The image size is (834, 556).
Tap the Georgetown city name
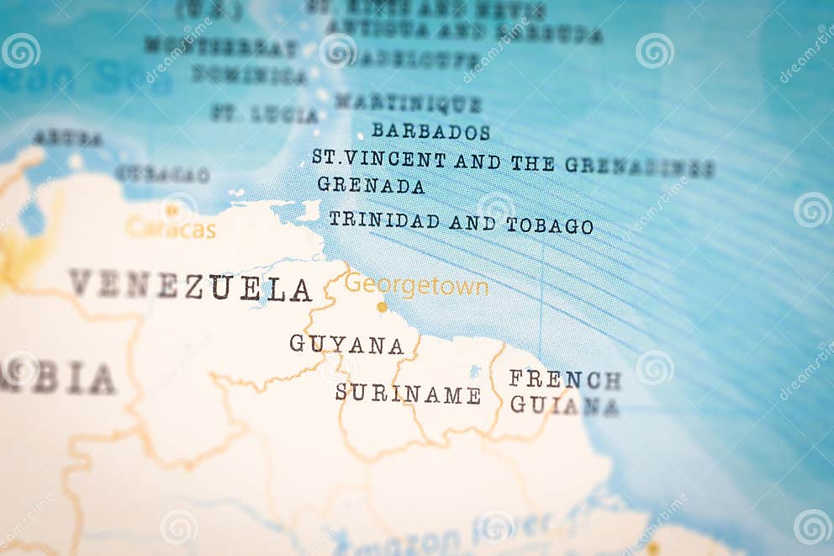(x=416, y=286)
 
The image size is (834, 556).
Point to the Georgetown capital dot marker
(x=383, y=307)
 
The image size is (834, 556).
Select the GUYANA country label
(x=346, y=344)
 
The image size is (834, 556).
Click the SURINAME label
(x=408, y=394)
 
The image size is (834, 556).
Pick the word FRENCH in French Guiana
(x=565, y=379)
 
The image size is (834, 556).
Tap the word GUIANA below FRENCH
(x=565, y=406)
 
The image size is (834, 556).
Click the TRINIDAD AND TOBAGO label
(x=461, y=223)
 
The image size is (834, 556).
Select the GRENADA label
(x=371, y=185)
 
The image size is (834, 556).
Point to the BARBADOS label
(x=430, y=131)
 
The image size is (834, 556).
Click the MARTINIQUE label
(x=409, y=103)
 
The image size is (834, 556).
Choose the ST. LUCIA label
(x=264, y=114)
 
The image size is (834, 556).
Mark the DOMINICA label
(x=249, y=76)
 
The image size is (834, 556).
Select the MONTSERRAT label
(x=221, y=46)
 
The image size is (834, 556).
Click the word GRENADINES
(x=639, y=167)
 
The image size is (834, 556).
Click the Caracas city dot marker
(x=172, y=211)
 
